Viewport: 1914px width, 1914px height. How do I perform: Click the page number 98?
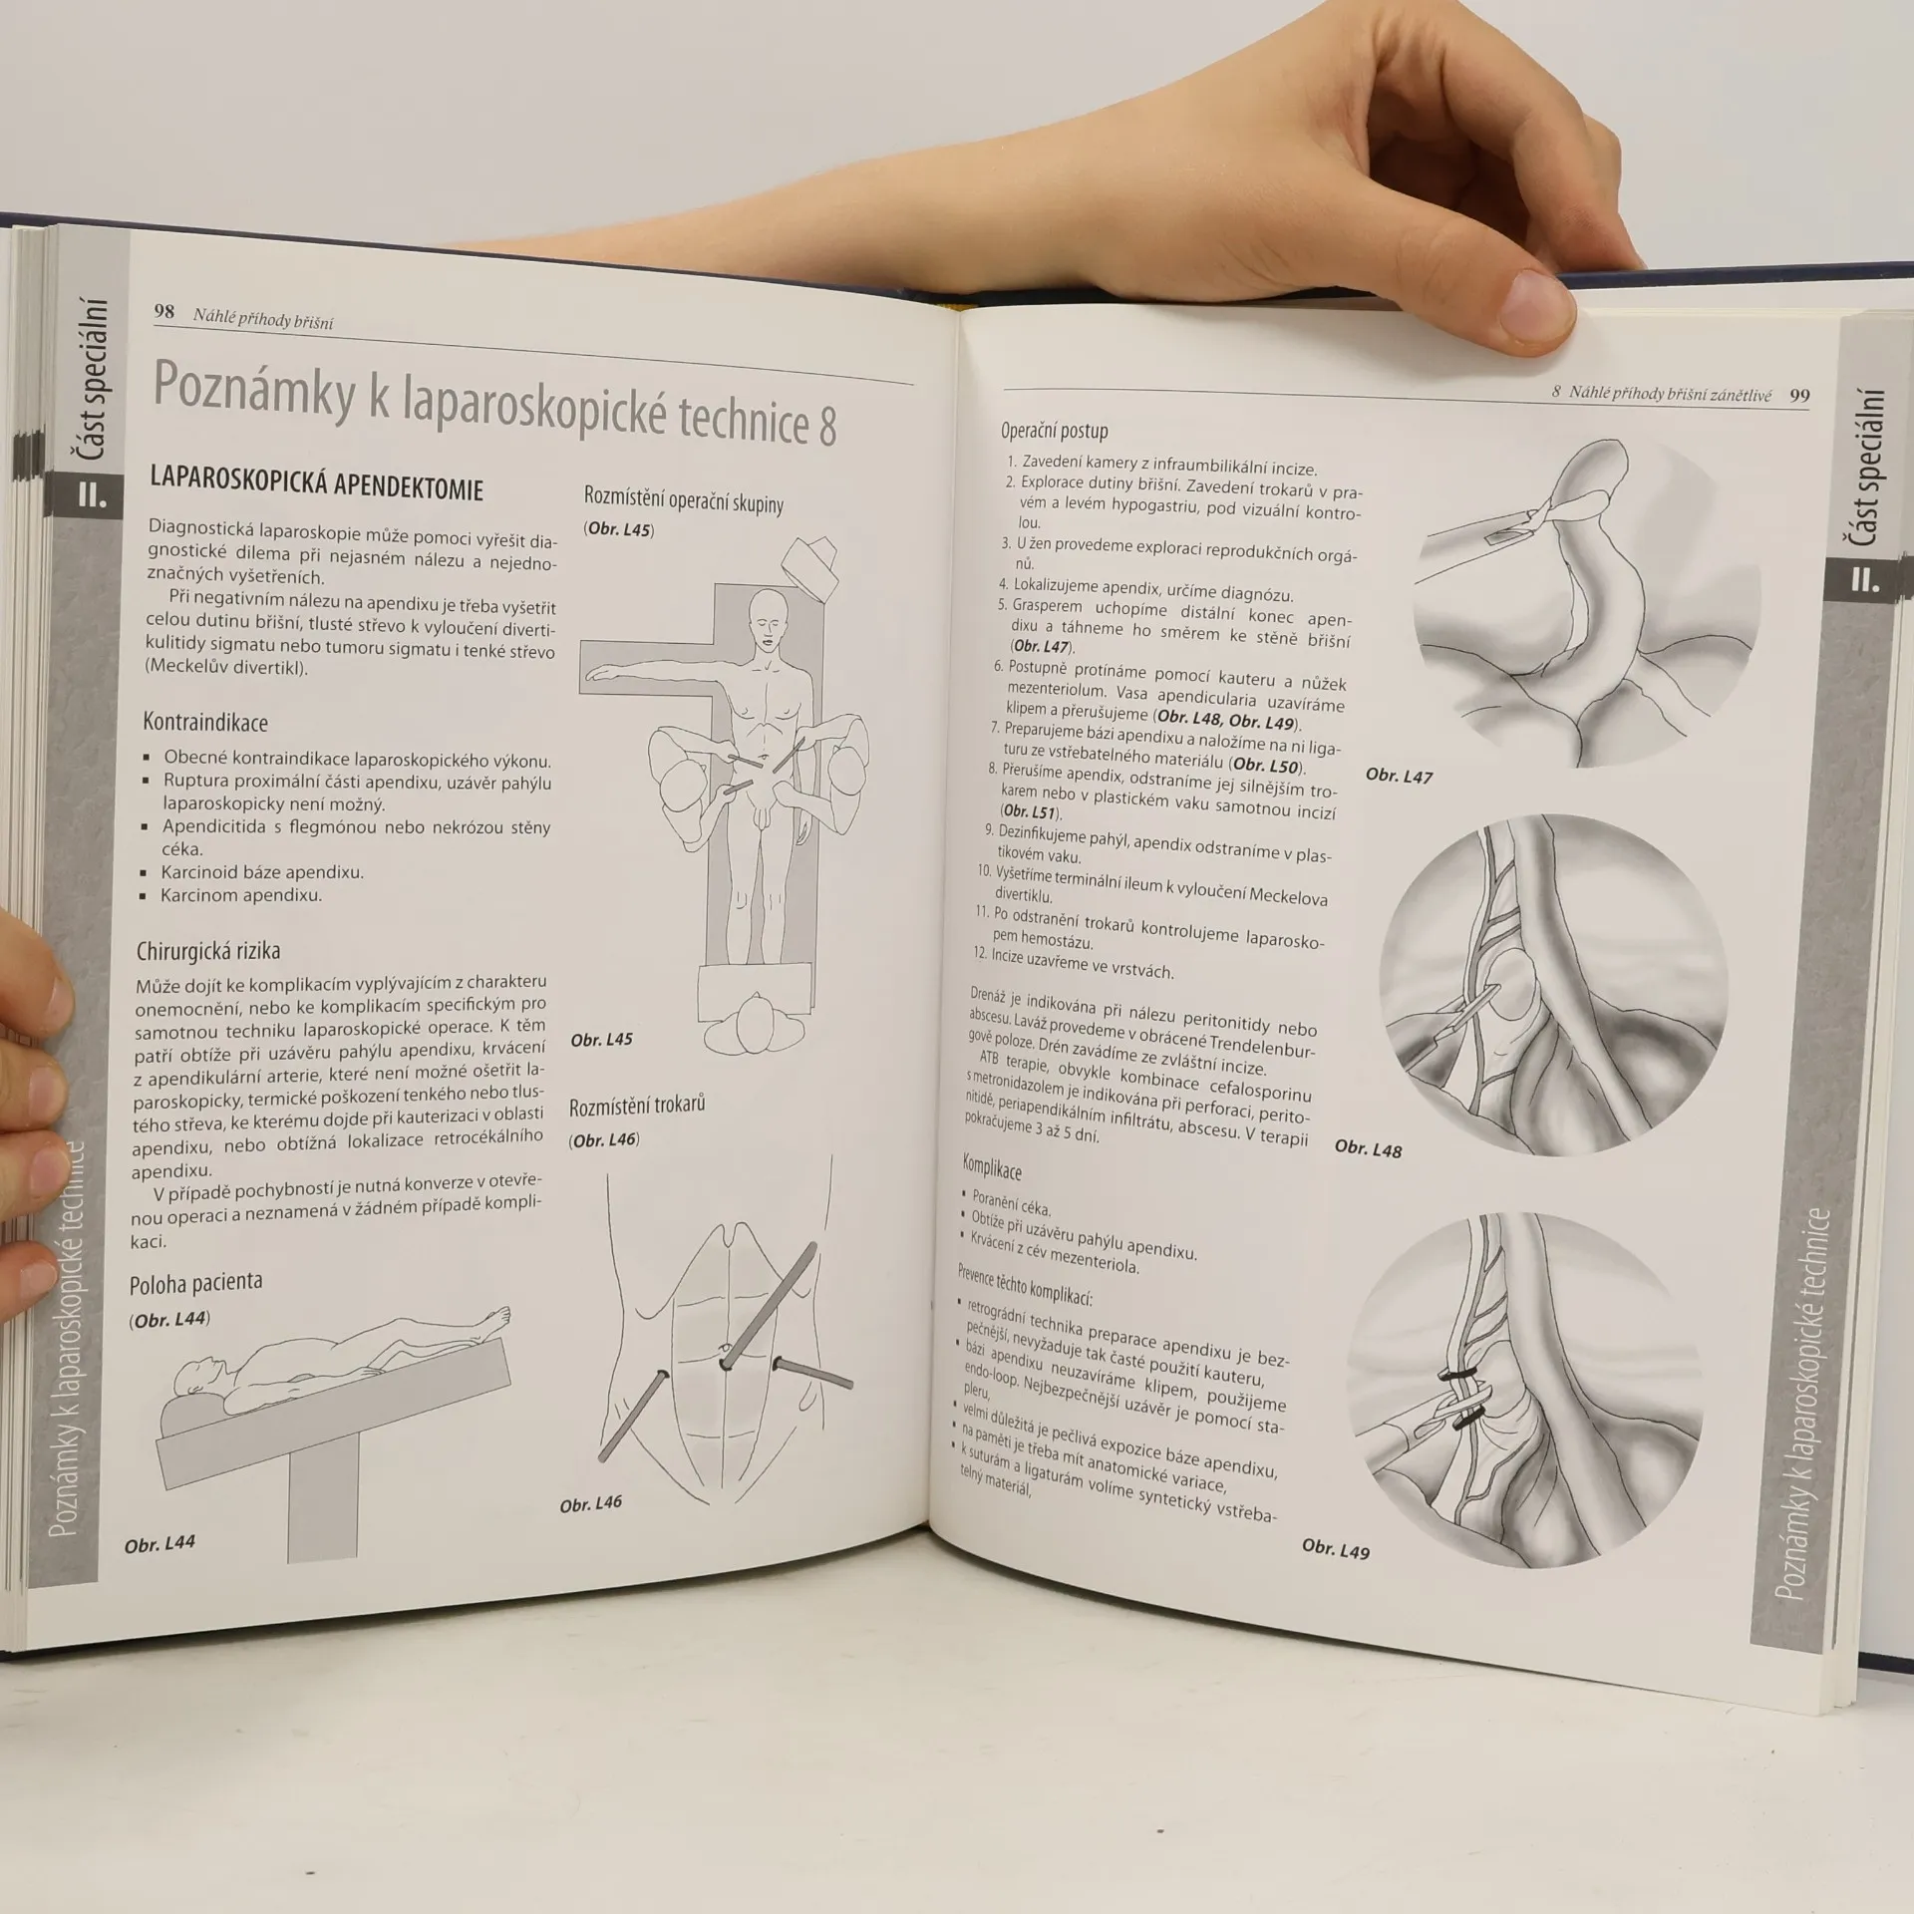pyautogui.click(x=164, y=311)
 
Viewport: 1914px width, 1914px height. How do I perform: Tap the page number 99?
pyautogui.click(x=1799, y=396)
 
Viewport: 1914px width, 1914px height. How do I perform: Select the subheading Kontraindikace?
pyautogui.click(x=205, y=722)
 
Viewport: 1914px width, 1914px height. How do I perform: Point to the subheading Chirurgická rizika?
pyautogui.click(x=208, y=951)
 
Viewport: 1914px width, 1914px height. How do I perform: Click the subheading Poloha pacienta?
pyautogui.click(x=195, y=1283)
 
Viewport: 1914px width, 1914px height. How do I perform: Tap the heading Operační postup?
pyautogui.click(x=1055, y=432)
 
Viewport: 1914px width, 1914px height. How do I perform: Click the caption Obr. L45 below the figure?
pyautogui.click(x=601, y=1040)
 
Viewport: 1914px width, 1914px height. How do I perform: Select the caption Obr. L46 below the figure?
pyautogui.click(x=591, y=1503)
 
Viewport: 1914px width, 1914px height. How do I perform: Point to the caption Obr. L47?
pyautogui.click(x=1399, y=776)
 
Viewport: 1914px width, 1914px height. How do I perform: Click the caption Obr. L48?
pyautogui.click(x=1368, y=1149)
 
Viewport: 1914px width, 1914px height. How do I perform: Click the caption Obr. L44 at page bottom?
pyautogui.click(x=159, y=1544)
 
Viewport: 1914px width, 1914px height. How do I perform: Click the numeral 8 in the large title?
pyautogui.click(x=827, y=426)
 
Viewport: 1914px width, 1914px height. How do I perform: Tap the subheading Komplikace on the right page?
pyautogui.click(x=992, y=1167)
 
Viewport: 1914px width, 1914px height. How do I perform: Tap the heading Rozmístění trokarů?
pyautogui.click(x=637, y=1106)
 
